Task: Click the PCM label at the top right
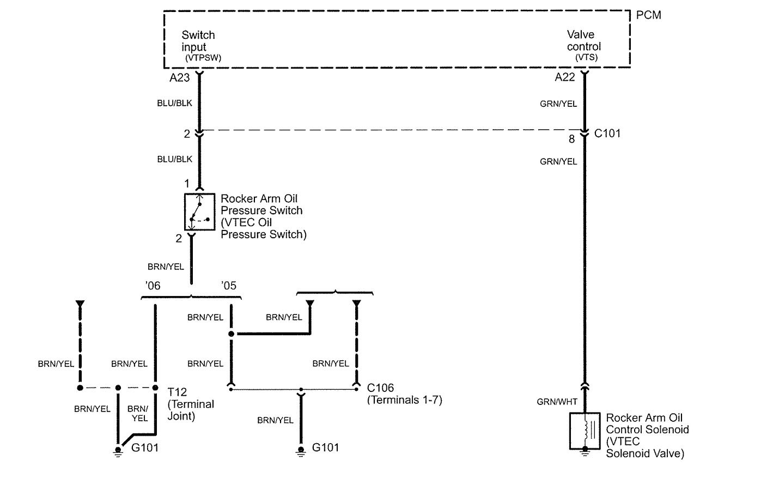pos(648,15)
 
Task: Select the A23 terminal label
pos(179,78)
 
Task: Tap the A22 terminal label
pos(565,77)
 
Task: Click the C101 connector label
pos(607,134)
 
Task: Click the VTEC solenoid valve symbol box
pos(585,431)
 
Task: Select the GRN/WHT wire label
pos(557,402)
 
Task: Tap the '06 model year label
pos(153,286)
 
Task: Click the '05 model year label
pos(229,286)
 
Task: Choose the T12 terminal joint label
pos(177,392)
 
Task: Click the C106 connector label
pos(380,388)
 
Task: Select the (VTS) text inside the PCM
pos(586,57)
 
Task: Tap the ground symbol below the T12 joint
pos(117,450)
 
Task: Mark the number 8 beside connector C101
pos(571,139)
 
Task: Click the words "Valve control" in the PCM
pos(583,41)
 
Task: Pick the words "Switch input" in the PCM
pos(198,41)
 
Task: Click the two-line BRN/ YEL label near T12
pos(139,413)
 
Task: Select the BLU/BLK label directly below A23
pos(174,102)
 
